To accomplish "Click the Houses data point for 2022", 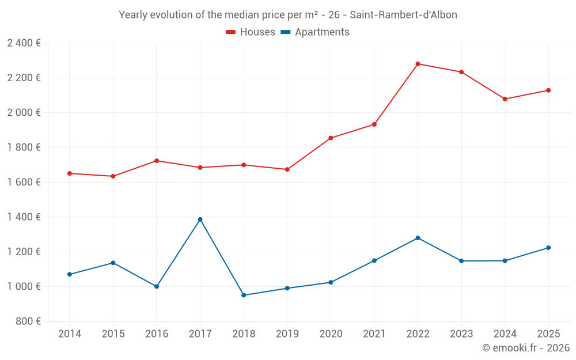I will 418,64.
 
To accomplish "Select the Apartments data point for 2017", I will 200,219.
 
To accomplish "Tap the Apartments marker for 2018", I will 244,295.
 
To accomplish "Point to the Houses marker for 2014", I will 70,173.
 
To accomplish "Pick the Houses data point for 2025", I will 548,90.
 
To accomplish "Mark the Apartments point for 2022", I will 418,238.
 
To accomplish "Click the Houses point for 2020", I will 331,138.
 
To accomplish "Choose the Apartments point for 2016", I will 157,286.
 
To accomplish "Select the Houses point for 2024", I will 505,99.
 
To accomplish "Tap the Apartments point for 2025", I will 548,248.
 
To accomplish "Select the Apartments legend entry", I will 315,32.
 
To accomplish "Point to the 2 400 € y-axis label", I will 24,43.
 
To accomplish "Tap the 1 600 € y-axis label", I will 24,182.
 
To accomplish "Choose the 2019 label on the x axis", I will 287,334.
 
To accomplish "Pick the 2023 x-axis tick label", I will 461,334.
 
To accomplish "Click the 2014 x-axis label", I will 70,334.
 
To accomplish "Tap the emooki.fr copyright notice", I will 525,348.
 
